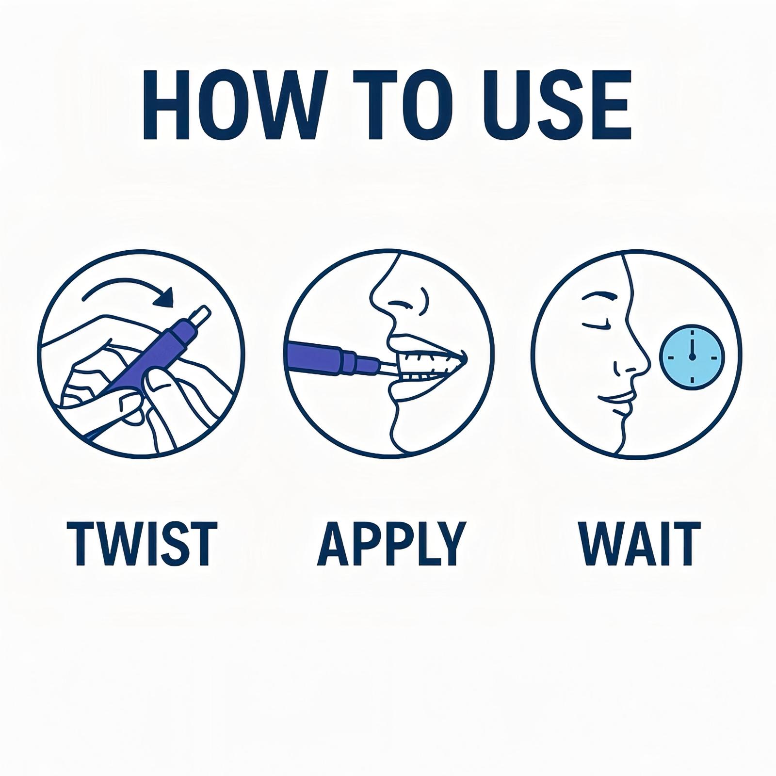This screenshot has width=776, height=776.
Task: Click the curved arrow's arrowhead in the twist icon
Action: click(x=164, y=297)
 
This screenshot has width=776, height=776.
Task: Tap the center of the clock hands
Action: click(x=692, y=357)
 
